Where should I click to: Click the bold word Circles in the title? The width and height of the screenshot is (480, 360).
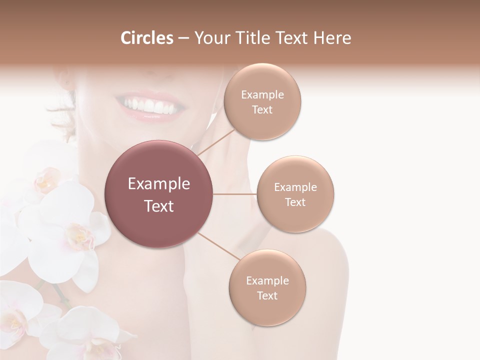point(146,38)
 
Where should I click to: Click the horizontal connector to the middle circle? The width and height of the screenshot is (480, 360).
point(235,194)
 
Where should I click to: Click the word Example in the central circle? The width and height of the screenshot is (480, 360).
point(159,184)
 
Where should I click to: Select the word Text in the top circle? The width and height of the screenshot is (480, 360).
point(262,109)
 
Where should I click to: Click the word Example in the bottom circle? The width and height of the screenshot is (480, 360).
point(267,281)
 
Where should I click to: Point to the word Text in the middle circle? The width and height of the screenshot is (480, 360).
point(295,202)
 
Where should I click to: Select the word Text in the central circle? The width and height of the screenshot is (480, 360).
point(159,206)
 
